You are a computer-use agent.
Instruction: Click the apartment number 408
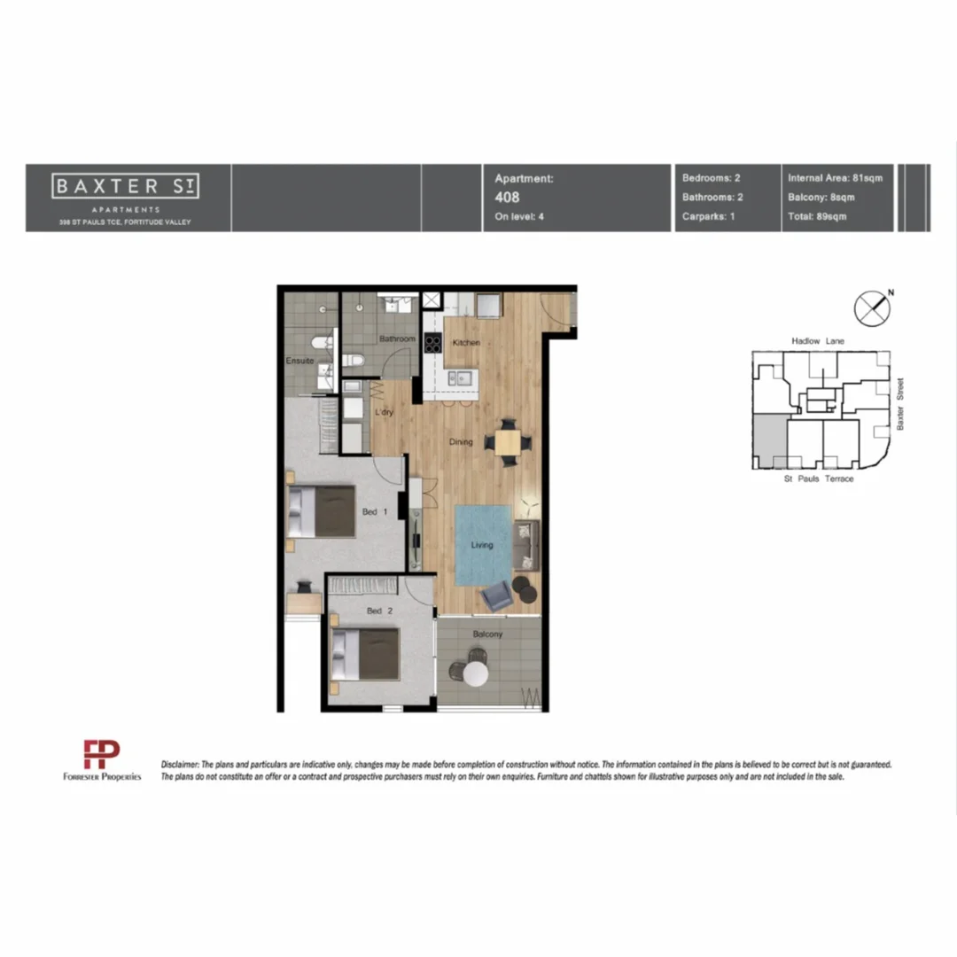point(507,198)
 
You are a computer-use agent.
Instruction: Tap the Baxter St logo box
point(125,186)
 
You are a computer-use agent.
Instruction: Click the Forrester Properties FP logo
point(101,754)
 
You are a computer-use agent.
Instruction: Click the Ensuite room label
point(300,361)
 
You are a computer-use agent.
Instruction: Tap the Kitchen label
point(466,343)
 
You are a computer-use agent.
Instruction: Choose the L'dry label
point(384,412)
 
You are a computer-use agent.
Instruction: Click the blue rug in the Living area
point(482,544)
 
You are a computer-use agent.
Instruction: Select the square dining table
point(509,441)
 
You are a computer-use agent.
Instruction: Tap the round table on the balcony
point(476,674)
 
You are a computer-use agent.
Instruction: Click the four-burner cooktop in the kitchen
point(433,343)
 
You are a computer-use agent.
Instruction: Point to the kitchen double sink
point(459,378)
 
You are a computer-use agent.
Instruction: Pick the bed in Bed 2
point(366,653)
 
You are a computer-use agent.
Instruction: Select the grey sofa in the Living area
point(525,544)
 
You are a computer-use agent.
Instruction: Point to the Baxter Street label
point(900,406)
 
